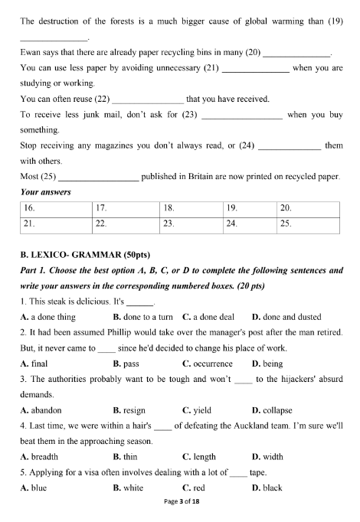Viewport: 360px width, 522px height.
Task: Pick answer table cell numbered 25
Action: pos(309,224)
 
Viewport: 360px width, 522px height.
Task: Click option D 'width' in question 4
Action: pos(267,457)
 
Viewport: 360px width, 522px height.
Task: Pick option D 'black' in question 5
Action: pos(267,487)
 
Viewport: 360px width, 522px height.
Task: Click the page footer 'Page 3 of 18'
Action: pos(179,512)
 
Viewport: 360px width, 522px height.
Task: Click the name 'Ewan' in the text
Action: pos(31,54)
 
